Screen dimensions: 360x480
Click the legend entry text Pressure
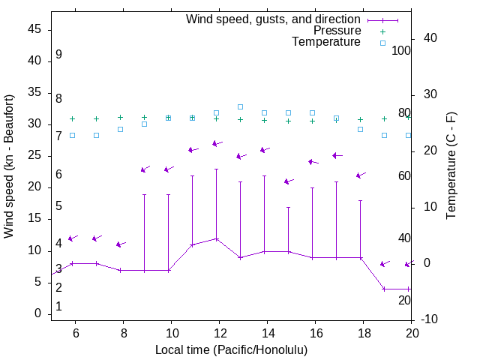point(337,31)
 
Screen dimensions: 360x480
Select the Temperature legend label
point(326,42)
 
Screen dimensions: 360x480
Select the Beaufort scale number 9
point(58,55)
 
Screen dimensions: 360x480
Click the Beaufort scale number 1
point(58,307)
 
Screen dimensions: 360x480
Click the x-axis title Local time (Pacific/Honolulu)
point(231,349)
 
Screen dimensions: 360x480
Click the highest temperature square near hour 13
point(240,106)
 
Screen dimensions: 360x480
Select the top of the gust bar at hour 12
point(216,169)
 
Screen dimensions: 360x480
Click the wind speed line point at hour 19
point(384,289)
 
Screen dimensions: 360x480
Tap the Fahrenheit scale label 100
point(401,50)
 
